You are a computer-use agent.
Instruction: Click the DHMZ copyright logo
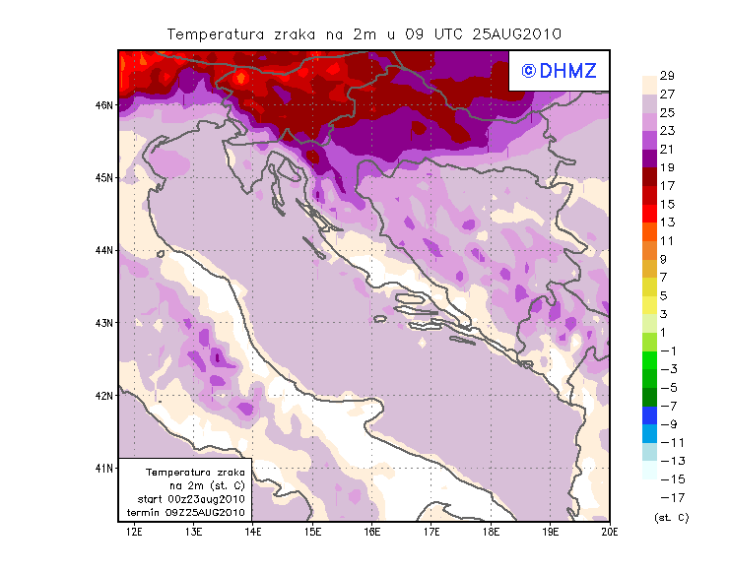pos(555,70)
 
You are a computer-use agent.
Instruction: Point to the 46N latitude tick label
pos(102,104)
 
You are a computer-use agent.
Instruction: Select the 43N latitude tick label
pos(102,322)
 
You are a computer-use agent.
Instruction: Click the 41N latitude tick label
pos(102,468)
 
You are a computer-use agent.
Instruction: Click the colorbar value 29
pos(667,76)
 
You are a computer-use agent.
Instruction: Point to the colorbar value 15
pos(667,204)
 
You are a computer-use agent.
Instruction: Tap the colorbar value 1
pos(667,332)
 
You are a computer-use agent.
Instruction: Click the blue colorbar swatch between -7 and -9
pos(649,414)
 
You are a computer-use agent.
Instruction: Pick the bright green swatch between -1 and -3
pos(649,359)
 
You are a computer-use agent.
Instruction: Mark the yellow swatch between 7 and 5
pos(649,286)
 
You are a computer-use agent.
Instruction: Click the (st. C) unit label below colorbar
pos(671,516)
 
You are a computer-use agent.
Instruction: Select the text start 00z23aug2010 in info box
pos(192,499)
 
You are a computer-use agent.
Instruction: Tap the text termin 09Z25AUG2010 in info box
pos(191,512)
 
